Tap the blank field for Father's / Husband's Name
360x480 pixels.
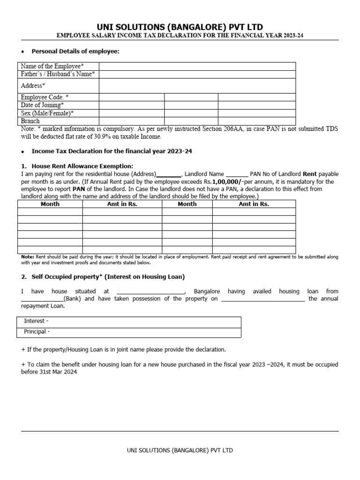pos(197,74)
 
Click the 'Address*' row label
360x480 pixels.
pos(33,85)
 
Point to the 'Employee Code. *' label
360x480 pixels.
pos(45,97)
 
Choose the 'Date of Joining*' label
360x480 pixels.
pos(43,105)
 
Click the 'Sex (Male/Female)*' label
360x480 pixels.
pos(47,113)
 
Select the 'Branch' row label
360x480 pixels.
pos(30,121)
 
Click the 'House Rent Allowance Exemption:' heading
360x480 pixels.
pos(82,166)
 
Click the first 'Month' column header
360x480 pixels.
pos(50,204)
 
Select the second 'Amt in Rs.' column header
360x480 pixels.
pos(254,204)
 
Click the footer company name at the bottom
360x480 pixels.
pos(180,450)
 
